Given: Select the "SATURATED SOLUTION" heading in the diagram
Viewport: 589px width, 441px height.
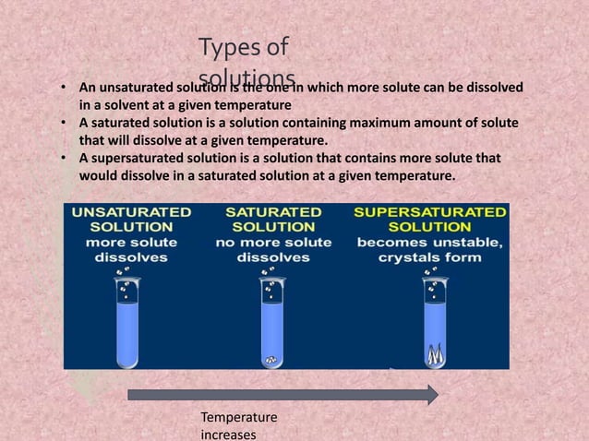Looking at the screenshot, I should pyautogui.click(x=273, y=219).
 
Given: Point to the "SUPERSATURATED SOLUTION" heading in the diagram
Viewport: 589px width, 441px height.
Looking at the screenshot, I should pyautogui.click(x=429, y=219).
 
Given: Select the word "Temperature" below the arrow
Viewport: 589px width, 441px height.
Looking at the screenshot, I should pyautogui.click(x=238, y=420).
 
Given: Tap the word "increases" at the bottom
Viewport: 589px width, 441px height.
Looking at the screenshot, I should pyautogui.click(x=227, y=435).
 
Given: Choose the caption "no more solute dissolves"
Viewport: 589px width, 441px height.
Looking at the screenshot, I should pyautogui.click(x=273, y=250).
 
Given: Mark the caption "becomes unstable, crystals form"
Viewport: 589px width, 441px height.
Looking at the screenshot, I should pyautogui.click(x=429, y=250).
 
